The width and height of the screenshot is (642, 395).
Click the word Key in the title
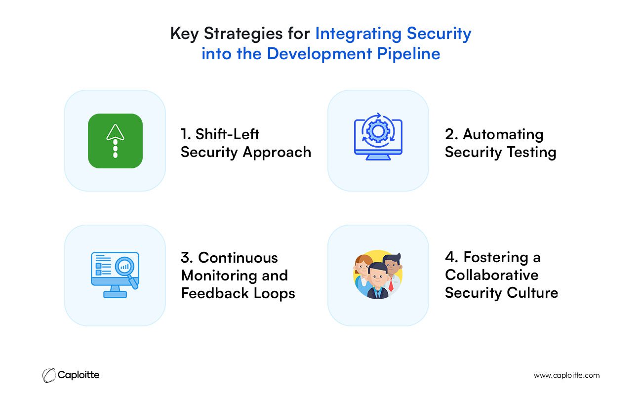pyautogui.click(x=184, y=34)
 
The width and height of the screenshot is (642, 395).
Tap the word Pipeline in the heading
pyautogui.click(x=408, y=54)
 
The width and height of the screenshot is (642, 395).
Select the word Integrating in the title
pyautogui.click(x=359, y=34)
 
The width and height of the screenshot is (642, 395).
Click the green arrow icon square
pyautogui.click(x=115, y=141)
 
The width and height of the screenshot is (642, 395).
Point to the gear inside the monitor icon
pyautogui.click(x=378, y=131)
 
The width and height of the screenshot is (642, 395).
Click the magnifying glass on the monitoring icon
pyautogui.click(x=126, y=271)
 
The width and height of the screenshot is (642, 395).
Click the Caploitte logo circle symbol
pyautogui.click(x=49, y=375)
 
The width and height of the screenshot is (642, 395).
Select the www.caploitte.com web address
pyautogui.click(x=566, y=375)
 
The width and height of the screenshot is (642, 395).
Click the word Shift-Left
pyautogui.click(x=227, y=134)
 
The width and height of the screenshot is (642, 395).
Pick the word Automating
pyautogui.click(x=503, y=135)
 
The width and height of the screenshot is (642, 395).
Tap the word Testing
pyautogui.click(x=531, y=153)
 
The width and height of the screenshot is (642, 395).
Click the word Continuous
pyautogui.click(x=238, y=257)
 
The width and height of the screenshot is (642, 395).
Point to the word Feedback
pyautogui.click(x=215, y=293)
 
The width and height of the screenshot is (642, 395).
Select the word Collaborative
pyautogui.click(x=491, y=275)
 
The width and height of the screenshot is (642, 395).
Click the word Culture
pyautogui.click(x=532, y=293)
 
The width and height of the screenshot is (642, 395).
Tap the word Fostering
pyautogui.click(x=496, y=257)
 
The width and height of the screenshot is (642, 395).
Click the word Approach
pyautogui.click(x=277, y=153)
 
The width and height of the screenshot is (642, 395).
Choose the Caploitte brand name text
pyautogui.click(x=79, y=375)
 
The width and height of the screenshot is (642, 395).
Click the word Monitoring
pyautogui.click(x=219, y=276)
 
